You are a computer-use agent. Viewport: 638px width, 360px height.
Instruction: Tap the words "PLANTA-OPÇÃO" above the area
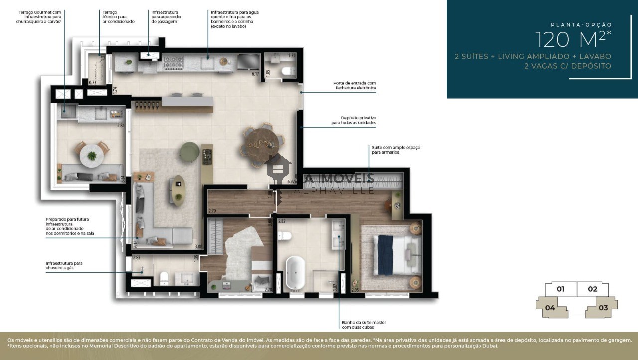click(581, 24)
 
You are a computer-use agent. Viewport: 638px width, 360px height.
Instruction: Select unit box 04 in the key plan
click(550, 308)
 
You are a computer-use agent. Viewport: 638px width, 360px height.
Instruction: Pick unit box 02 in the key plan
click(592, 289)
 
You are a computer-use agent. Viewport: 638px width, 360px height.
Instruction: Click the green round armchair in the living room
click(189, 151)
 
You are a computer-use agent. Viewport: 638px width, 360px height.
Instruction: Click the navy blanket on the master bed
click(384, 248)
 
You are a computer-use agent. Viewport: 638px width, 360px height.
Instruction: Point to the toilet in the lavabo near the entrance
click(288, 71)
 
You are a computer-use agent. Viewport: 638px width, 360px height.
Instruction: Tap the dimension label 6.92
click(292, 181)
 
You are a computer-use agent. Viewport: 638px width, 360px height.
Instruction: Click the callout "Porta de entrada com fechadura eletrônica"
click(355, 86)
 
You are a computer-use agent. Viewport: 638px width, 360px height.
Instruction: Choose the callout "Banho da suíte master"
click(364, 325)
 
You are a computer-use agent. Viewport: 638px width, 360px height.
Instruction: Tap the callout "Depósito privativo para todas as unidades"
click(354, 120)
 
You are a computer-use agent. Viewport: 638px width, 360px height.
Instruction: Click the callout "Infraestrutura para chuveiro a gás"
click(64, 265)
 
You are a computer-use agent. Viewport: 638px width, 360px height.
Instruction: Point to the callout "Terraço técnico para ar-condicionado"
click(118, 16)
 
